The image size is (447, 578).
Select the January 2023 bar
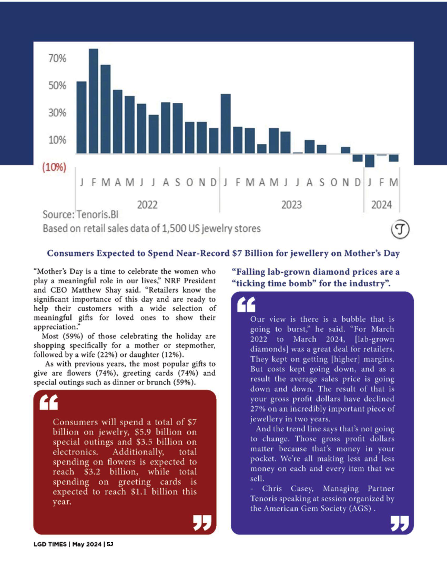[226, 123]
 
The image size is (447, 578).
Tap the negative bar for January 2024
[369, 161]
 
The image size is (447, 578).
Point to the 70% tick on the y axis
[57, 58]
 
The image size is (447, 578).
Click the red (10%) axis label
[54, 167]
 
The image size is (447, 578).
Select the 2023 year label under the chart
[291, 205]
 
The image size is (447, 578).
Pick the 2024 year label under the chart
[381, 205]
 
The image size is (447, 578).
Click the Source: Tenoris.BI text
[80, 215]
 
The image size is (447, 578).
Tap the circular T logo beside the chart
[400, 229]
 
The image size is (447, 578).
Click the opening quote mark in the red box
[49, 402]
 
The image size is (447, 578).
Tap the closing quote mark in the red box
[202, 522]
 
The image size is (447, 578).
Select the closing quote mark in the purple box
[400, 523]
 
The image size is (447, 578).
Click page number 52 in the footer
[110, 544]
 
